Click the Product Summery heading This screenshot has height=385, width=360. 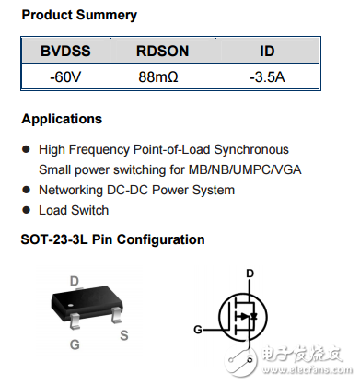[x=79, y=15]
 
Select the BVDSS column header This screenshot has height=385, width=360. [x=64, y=52]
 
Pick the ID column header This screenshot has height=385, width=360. [x=266, y=52]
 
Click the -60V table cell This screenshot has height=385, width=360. [x=64, y=77]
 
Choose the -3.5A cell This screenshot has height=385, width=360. [x=266, y=77]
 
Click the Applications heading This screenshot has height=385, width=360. [x=62, y=120]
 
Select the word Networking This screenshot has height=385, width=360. [x=75, y=190]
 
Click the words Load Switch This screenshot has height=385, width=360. [x=74, y=210]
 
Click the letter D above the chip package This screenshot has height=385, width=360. [x=74, y=281]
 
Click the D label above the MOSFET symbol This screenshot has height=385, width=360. [x=250, y=274]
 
